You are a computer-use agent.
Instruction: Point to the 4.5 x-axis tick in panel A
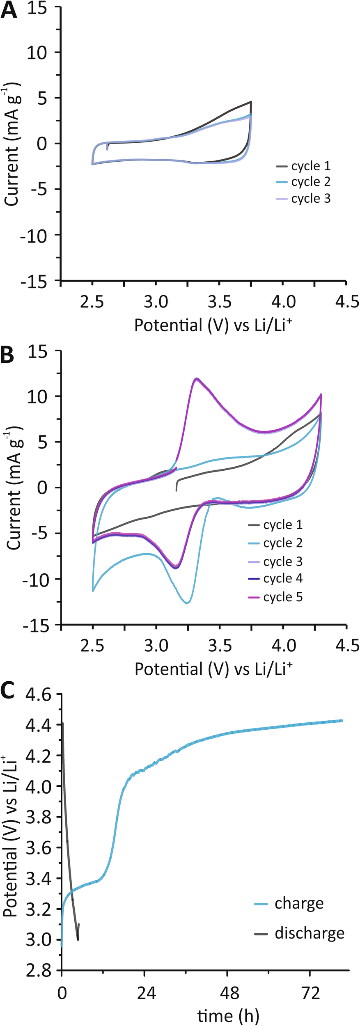[x=347, y=302]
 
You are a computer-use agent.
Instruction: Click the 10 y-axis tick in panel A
[x=38, y=53]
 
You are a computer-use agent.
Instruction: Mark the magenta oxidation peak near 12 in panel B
[x=197, y=378]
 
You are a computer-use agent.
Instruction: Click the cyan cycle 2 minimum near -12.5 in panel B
[x=187, y=603]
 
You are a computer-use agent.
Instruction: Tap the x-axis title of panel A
[x=213, y=325]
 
